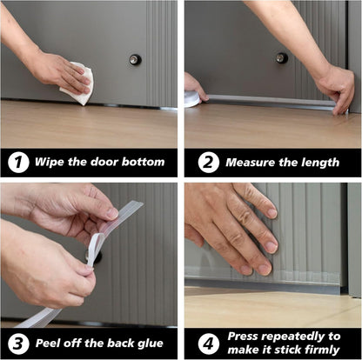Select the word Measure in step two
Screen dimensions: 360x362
[251, 162]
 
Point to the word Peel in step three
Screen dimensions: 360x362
[51, 342]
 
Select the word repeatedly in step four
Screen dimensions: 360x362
[298, 335]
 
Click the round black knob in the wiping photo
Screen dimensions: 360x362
[135, 60]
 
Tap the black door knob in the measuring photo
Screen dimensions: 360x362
[281, 58]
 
